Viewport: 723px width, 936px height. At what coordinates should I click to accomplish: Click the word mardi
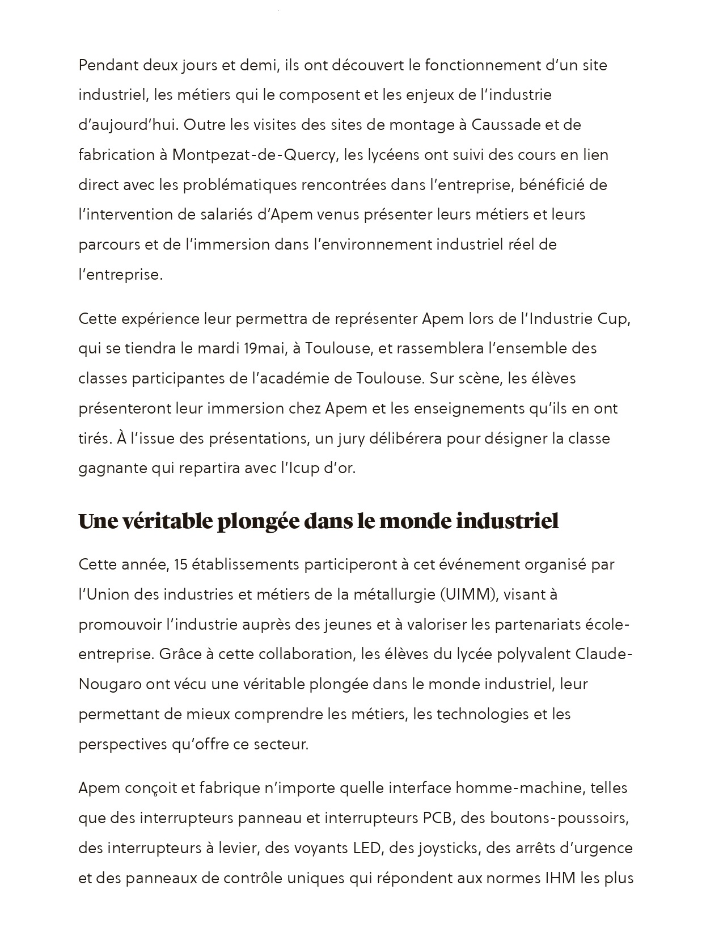(218, 348)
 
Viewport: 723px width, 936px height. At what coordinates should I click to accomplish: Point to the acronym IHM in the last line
(560, 879)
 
